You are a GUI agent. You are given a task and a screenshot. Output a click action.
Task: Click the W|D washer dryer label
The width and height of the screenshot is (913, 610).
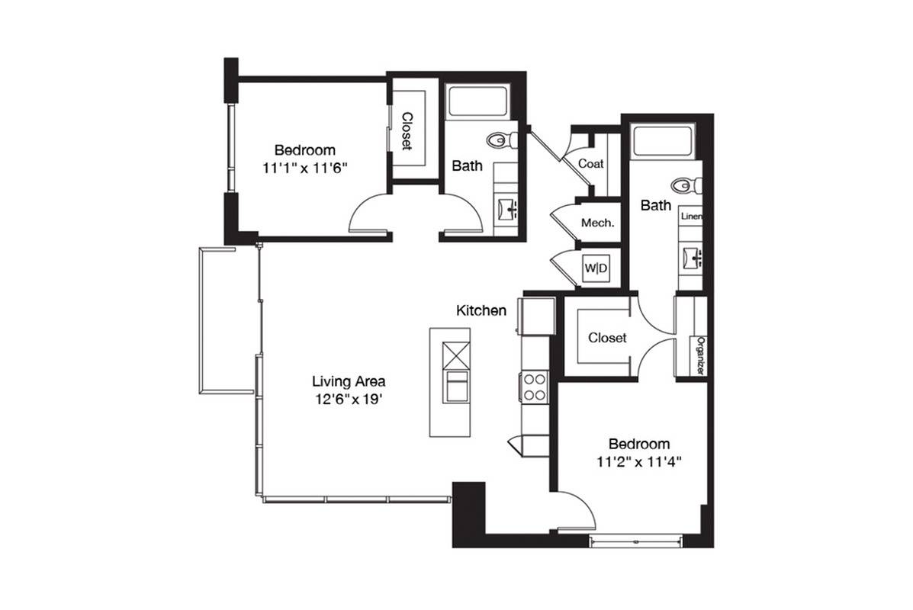click(x=596, y=268)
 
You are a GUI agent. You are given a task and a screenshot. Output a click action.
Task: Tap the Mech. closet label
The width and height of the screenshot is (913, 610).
click(x=597, y=223)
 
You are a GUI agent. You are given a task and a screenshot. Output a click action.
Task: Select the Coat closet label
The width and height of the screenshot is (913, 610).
click(x=591, y=164)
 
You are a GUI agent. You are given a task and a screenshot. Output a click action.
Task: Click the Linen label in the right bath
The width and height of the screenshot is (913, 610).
click(x=691, y=216)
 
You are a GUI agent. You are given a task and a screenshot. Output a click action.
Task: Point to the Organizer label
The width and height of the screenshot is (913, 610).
click(x=701, y=355)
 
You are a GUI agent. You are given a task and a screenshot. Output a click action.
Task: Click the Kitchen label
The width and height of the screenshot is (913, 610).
click(x=481, y=310)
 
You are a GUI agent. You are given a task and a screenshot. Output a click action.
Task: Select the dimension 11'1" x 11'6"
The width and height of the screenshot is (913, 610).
click(x=304, y=169)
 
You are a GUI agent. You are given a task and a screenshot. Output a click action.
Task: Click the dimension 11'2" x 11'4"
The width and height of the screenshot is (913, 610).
click(x=638, y=462)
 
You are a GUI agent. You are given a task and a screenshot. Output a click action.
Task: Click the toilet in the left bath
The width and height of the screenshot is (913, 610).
click(x=502, y=140)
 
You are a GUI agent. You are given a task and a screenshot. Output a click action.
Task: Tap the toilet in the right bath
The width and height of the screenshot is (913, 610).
click(x=687, y=186)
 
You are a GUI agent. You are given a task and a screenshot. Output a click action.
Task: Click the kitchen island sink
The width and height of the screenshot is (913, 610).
click(x=456, y=386)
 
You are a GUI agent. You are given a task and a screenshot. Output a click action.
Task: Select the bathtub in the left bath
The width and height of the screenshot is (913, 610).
click(x=478, y=102)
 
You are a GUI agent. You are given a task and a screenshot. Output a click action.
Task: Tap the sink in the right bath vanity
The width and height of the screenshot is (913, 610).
click(x=693, y=257)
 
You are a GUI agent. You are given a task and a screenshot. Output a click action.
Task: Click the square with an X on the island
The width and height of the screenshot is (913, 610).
click(x=456, y=355)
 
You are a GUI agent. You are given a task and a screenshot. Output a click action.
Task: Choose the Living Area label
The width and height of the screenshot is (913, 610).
click(x=349, y=382)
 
